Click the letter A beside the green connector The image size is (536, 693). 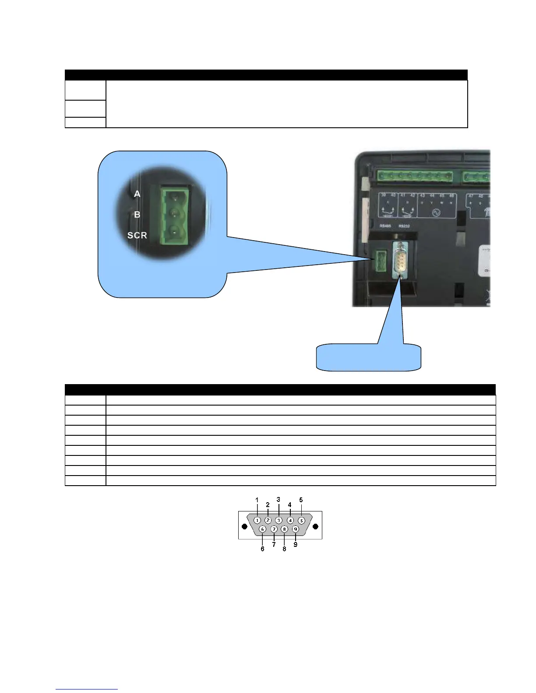[137, 194]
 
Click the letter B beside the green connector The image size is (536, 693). [137, 215]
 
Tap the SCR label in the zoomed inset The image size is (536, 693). [137, 235]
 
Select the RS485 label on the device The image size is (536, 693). [385, 226]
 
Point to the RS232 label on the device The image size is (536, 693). [404, 226]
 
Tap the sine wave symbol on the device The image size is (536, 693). [436, 213]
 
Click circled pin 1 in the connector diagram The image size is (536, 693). [257, 520]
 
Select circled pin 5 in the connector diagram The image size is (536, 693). [301, 521]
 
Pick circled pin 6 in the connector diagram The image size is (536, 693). [262, 529]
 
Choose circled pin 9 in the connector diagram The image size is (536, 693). [296, 529]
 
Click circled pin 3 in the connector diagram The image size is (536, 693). [279, 520]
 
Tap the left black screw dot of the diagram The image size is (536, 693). [244, 525]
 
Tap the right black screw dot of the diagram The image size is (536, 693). [315, 525]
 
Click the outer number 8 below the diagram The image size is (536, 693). [284, 549]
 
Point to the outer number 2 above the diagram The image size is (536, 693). [268, 504]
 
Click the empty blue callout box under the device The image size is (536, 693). [369, 357]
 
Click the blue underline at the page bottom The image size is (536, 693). [87, 689]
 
